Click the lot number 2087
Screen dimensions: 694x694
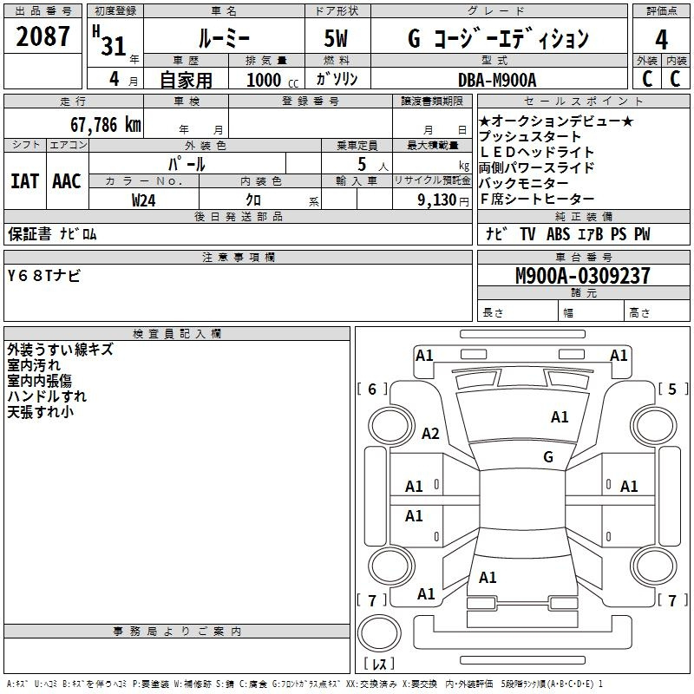coord(43,36)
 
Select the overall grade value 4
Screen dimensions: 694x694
coord(661,40)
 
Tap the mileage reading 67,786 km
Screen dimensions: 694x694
coord(106,125)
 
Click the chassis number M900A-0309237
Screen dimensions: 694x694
coord(583,276)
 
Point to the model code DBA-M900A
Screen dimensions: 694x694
coord(497,80)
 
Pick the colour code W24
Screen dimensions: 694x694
coord(143,200)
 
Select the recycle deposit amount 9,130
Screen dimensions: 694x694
coord(436,200)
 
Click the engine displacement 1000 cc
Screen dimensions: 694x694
coord(272,81)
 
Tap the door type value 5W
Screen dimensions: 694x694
coord(336,38)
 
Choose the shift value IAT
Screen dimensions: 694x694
coord(25,181)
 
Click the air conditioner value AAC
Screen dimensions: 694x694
coord(67,181)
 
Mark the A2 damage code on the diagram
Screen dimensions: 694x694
coord(430,433)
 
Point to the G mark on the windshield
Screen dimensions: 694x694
coord(548,456)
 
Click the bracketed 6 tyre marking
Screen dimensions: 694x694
coord(372,389)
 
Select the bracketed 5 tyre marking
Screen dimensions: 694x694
coord(673,389)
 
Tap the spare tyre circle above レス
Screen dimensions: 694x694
coord(379,633)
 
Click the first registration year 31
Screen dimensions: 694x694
coord(114,46)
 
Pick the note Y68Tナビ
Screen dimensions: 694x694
coord(44,276)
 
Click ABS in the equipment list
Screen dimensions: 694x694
coord(558,234)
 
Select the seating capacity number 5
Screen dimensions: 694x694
coord(362,164)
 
